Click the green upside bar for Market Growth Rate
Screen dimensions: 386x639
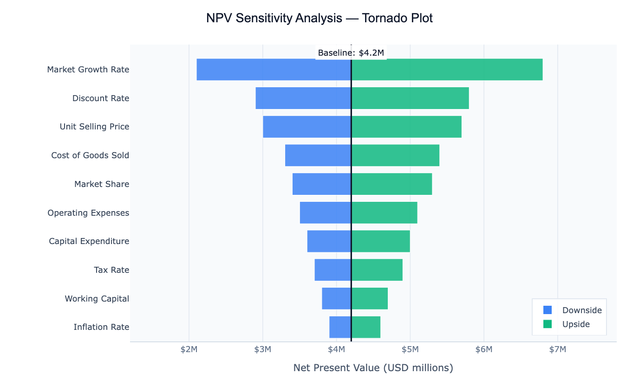click(x=447, y=70)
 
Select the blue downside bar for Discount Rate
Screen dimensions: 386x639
click(x=303, y=98)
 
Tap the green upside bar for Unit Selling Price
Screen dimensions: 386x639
click(x=406, y=127)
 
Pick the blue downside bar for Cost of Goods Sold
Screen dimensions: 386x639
click(x=318, y=155)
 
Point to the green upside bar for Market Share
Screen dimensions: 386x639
click(x=391, y=184)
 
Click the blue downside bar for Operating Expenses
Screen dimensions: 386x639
click(x=325, y=212)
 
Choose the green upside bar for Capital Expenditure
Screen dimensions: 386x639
click(x=380, y=241)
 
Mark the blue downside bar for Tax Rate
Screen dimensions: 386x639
click(x=333, y=270)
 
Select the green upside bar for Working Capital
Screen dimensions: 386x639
click(x=369, y=298)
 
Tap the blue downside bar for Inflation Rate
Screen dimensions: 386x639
click(x=340, y=327)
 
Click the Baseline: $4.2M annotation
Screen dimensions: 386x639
click(x=351, y=53)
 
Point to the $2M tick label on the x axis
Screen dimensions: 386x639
click(x=189, y=349)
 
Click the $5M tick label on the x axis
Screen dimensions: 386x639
click(x=410, y=349)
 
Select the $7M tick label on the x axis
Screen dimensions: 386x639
click(x=557, y=349)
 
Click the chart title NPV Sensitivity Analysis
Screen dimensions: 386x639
click(x=319, y=19)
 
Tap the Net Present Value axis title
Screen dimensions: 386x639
click(x=373, y=368)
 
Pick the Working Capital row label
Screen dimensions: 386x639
click(x=97, y=299)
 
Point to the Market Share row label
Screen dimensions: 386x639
click(x=102, y=184)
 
